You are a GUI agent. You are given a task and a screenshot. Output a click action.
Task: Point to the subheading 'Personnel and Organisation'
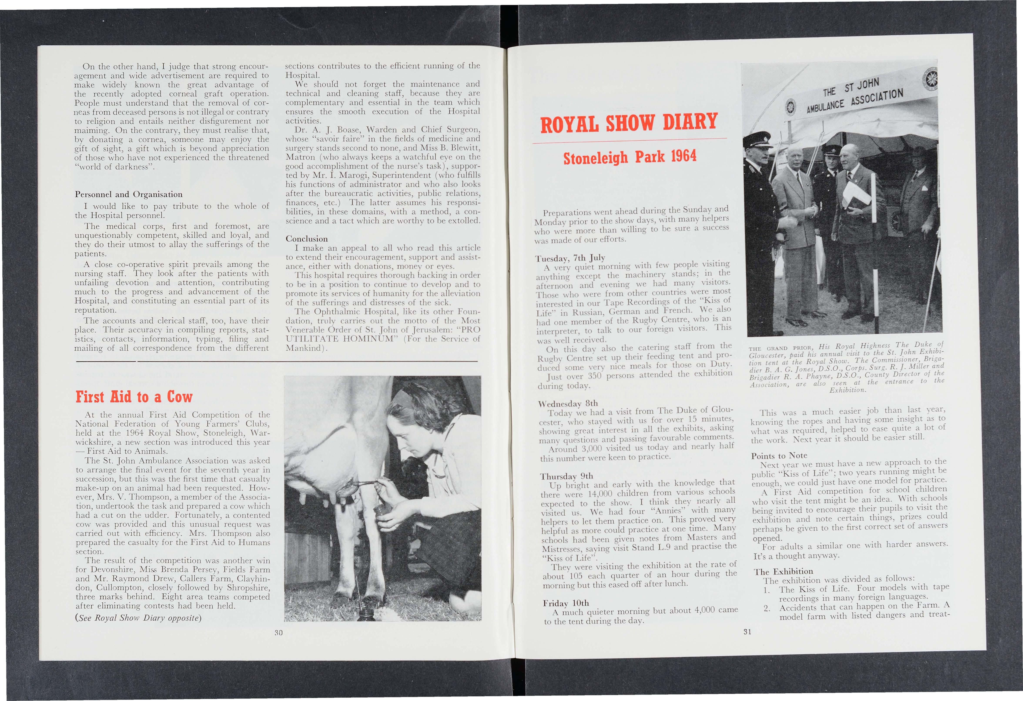pos(129,194)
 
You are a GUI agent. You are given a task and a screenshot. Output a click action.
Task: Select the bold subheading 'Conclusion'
pos(307,239)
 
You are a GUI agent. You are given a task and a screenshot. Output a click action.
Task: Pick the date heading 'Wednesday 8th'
pos(568,403)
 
